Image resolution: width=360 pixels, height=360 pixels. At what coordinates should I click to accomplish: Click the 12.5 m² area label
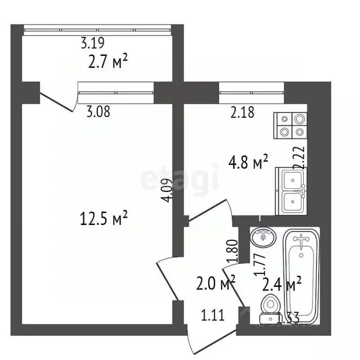[x=105, y=218]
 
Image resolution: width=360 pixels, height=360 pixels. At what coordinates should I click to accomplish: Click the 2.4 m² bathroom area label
[x=281, y=284]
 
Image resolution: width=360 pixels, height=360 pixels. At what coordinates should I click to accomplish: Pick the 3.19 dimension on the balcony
[x=92, y=44]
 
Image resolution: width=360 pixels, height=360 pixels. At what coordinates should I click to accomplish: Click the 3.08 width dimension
[x=98, y=112]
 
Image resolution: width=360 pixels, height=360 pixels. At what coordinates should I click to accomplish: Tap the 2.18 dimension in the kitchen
[x=242, y=112]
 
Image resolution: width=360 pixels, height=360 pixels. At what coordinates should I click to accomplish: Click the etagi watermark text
[x=180, y=179]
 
